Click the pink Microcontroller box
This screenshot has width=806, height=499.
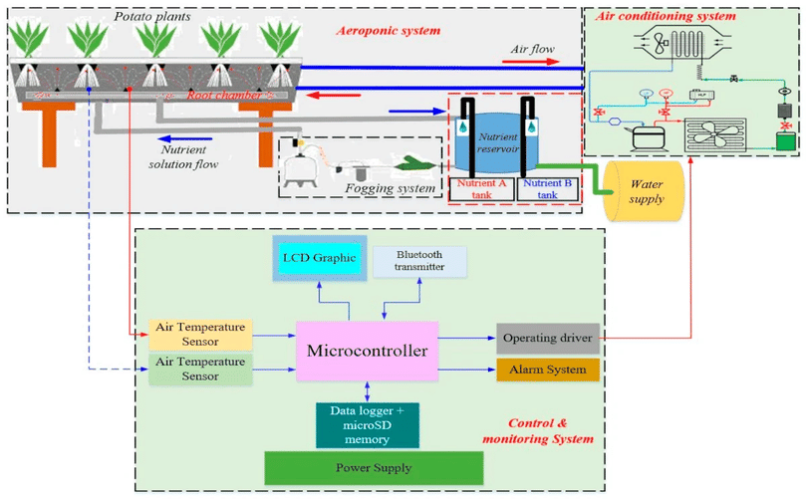(x=366, y=352)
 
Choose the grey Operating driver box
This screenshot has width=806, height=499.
(x=547, y=338)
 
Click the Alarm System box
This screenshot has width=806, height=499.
(x=547, y=370)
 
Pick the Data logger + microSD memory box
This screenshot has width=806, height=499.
(x=365, y=422)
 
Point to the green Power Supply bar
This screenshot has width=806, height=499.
(x=373, y=467)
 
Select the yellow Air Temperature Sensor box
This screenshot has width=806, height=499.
(x=199, y=333)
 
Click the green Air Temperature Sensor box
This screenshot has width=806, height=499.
(x=199, y=367)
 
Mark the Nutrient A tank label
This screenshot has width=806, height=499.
(x=483, y=189)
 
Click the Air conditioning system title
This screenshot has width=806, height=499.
(x=666, y=16)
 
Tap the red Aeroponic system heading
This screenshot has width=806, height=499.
(x=387, y=31)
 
